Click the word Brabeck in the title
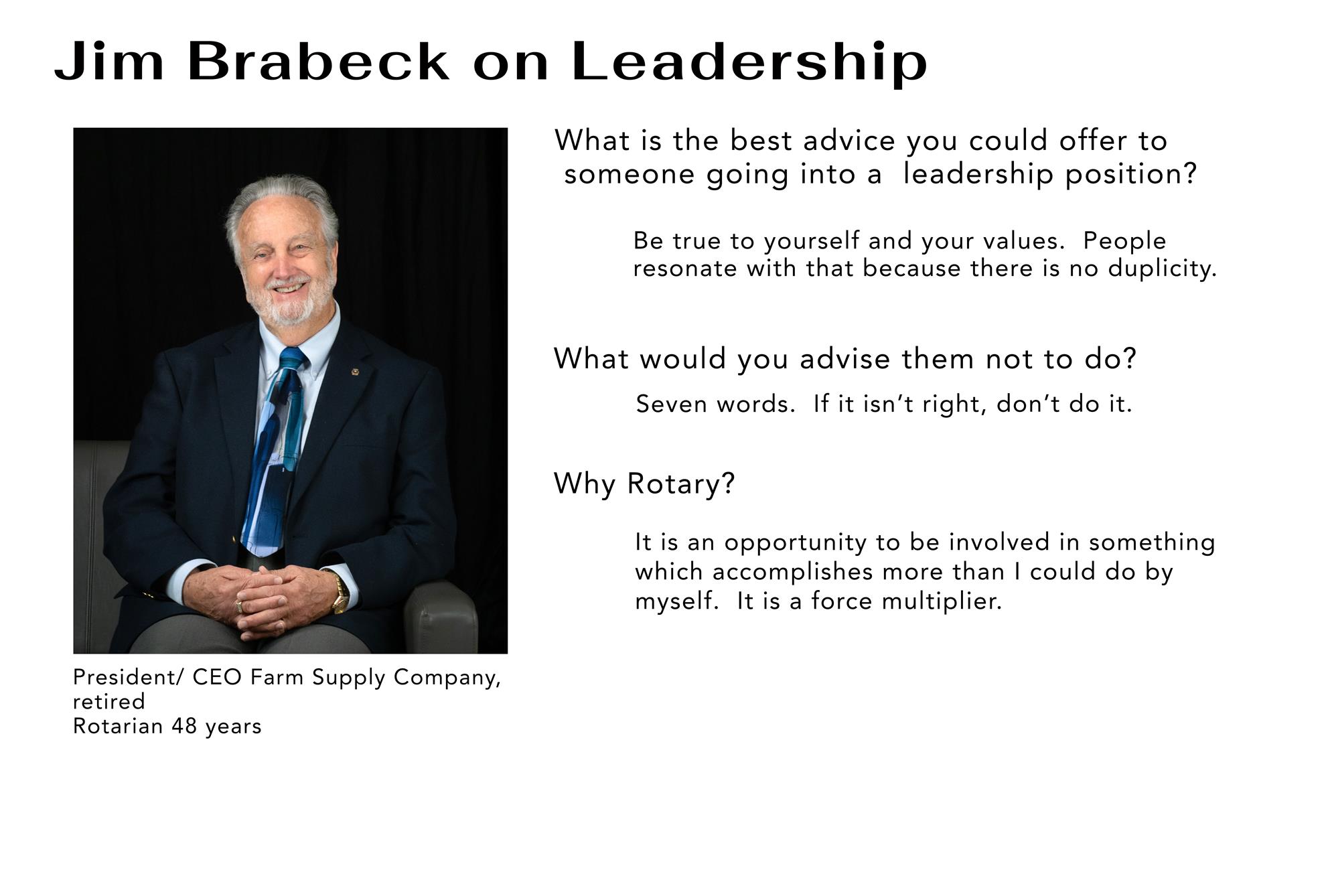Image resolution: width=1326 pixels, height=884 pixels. (318, 62)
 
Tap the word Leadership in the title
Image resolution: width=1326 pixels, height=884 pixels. (749, 63)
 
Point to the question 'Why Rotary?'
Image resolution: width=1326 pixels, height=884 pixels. (644, 484)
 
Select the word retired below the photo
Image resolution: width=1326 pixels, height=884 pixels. (108, 702)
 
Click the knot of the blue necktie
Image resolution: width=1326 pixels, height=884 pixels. (292, 360)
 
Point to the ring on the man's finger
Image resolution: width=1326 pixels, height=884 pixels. (239, 607)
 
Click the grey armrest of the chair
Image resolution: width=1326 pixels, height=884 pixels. (439, 613)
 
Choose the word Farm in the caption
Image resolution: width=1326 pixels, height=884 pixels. (277, 677)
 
